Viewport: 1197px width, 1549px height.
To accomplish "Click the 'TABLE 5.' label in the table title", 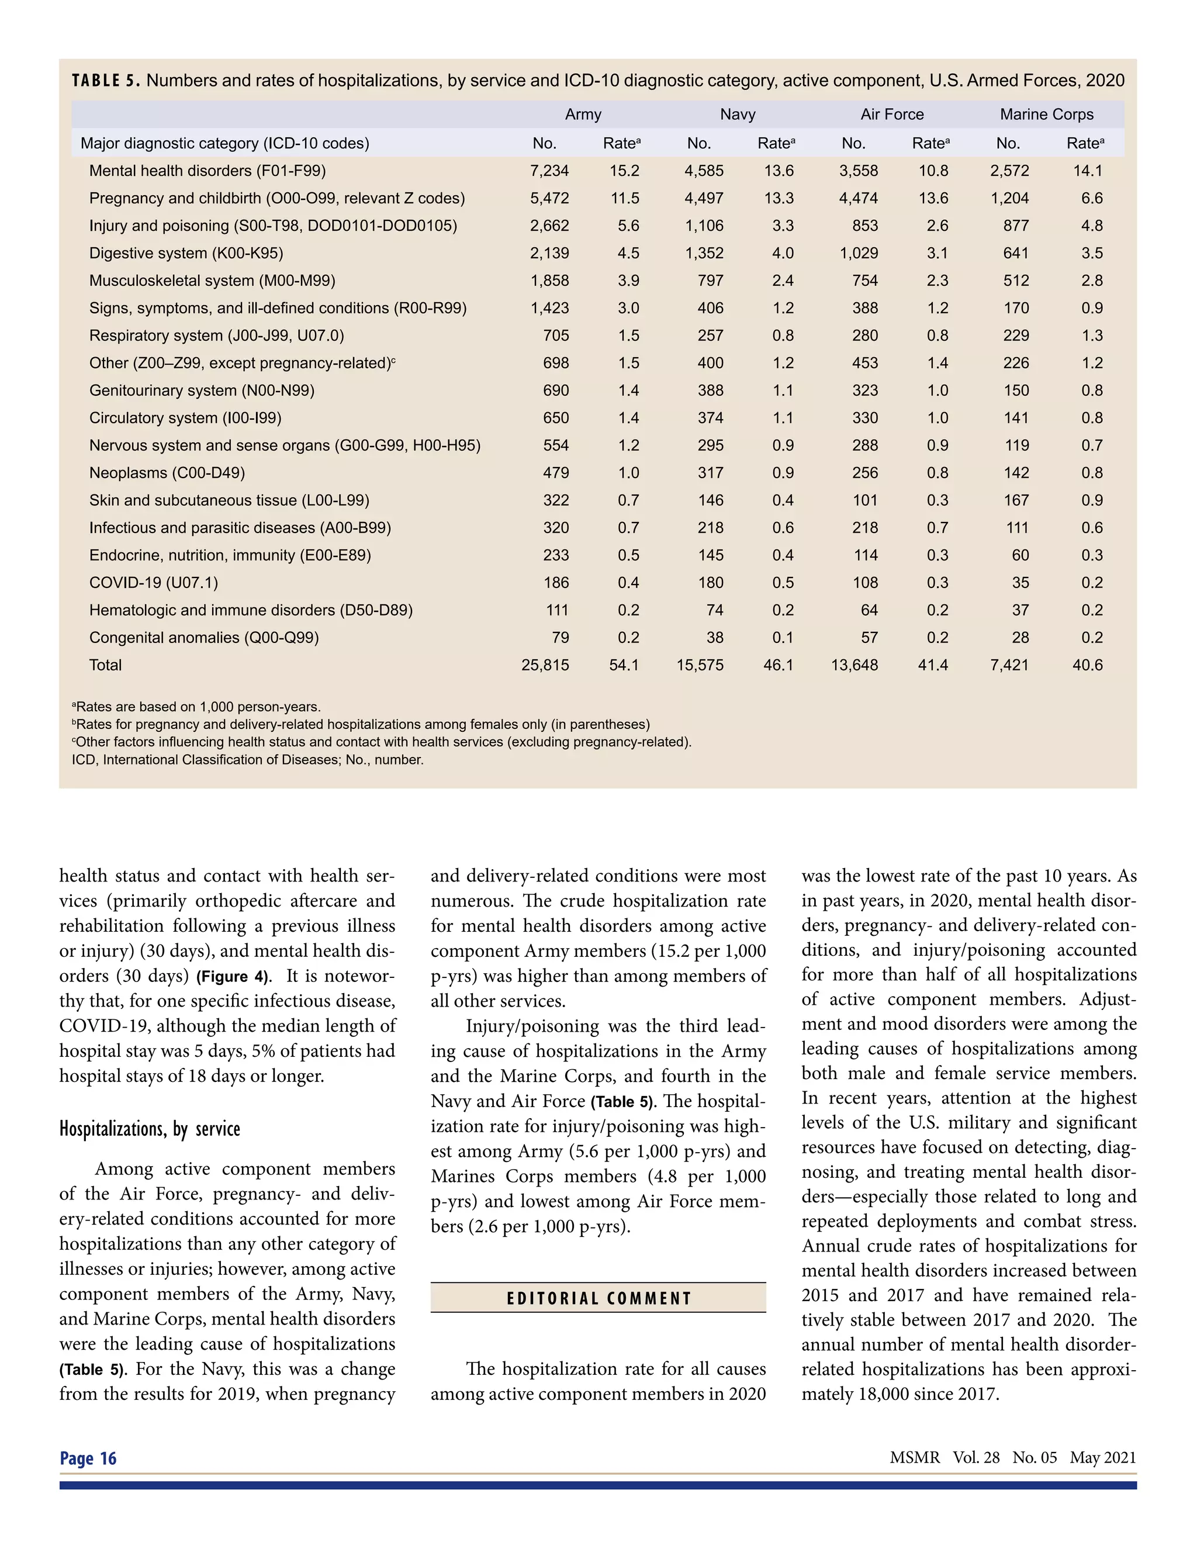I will pyautogui.click(x=106, y=80).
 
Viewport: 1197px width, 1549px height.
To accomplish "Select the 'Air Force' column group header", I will pyautogui.click(x=891, y=114).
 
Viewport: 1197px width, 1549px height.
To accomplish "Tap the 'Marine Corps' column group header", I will pyautogui.click(x=1046, y=114).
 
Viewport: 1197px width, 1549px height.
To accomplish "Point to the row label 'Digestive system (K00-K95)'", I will pyautogui.click(x=186, y=253).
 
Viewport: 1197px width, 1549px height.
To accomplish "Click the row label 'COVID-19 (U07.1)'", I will pyautogui.click(x=153, y=583).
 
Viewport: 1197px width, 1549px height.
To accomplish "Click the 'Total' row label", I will pyautogui.click(x=105, y=665).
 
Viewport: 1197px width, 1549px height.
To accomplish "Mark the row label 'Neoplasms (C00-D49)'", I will pyautogui.click(x=167, y=473).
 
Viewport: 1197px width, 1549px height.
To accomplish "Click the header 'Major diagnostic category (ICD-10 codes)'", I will pyautogui.click(x=225, y=143).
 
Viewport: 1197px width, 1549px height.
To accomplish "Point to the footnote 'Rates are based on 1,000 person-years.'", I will pyautogui.click(x=196, y=707).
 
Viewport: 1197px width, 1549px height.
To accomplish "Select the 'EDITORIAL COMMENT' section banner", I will pyautogui.click(x=598, y=1299).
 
